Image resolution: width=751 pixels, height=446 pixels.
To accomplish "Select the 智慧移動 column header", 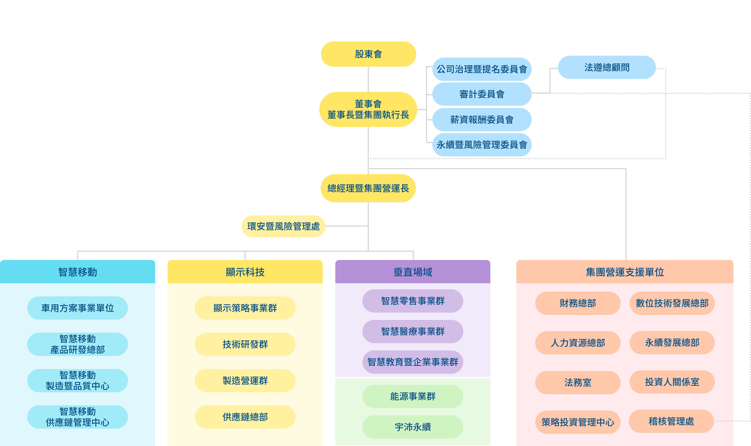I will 78,272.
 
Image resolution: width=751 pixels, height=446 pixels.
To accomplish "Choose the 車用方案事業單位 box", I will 78,308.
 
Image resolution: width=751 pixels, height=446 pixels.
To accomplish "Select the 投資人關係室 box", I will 672,382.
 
